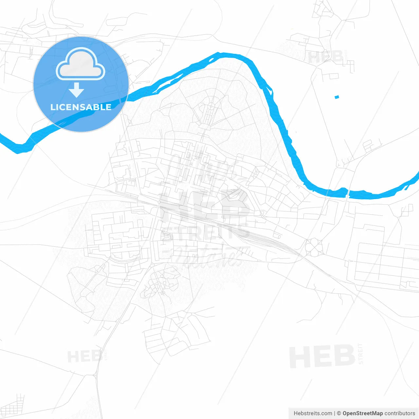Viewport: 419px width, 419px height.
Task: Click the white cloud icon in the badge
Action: click(x=81, y=64)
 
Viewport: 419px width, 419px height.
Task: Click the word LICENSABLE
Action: click(x=81, y=107)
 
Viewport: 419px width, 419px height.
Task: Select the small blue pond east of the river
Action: click(x=337, y=97)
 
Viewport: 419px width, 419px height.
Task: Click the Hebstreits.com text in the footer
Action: click(x=313, y=413)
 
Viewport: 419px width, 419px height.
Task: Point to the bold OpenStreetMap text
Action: click(x=362, y=413)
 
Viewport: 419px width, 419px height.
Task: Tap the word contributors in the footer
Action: click(x=400, y=413)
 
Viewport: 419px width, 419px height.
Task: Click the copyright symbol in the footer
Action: click(x=339, y=413)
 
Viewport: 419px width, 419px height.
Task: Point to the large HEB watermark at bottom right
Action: click(x=322, y=356)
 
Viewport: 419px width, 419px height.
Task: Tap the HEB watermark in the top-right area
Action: click(x=326, y=57)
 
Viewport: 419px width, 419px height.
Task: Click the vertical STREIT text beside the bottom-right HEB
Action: click(x=361, y=354)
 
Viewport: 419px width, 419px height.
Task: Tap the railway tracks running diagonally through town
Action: click(x=229, y=226)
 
